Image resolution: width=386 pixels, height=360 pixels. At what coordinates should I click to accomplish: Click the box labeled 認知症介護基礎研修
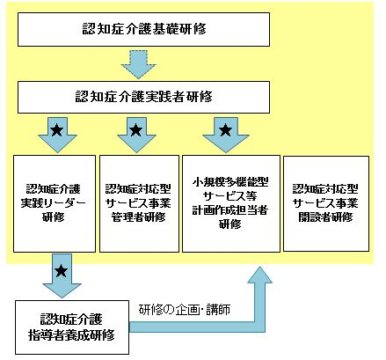(x=143, y=29)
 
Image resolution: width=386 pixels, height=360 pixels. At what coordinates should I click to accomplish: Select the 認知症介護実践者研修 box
(x=143, y=97)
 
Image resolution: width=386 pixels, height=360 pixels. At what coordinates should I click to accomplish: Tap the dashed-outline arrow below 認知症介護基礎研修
(x=138, y=64)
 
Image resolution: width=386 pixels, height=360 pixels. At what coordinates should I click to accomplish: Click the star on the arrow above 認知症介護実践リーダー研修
(x=57, y=129)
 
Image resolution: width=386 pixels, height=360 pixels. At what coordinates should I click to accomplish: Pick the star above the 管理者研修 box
(x=135, y=129)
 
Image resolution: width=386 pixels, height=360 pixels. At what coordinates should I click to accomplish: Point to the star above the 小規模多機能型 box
(x=226, y=129)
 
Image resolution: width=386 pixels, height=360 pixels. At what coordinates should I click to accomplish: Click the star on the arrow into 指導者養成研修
(x=62, y=270)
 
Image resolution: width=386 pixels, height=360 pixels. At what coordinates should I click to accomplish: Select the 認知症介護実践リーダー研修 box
(x=55, y=203)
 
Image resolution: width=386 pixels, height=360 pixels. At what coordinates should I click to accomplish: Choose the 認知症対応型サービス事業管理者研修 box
(x=139, y=203)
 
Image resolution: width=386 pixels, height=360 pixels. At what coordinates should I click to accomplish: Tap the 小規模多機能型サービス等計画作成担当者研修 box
(x=231, y=203)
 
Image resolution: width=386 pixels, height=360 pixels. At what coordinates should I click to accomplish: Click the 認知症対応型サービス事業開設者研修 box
(x=326, y=203)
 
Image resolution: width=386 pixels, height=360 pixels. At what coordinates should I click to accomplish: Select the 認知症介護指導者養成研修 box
(x=72, y=327)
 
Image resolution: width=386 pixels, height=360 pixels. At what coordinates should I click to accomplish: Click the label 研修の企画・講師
(x=185, y=310)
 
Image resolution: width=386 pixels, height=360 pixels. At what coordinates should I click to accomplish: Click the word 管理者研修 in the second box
(x=138, y=217)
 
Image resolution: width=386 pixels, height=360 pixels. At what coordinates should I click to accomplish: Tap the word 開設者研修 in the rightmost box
(x=325, y=217)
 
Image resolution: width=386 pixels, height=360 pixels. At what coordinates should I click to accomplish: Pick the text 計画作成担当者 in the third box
(x=230, y=210)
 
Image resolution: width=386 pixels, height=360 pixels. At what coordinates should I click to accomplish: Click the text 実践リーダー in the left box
(x=53, y=203)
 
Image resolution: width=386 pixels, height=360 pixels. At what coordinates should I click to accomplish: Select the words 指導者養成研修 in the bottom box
(x=71, y=335)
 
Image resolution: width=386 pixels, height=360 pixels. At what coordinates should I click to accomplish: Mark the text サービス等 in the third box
(x=230, y=196)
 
